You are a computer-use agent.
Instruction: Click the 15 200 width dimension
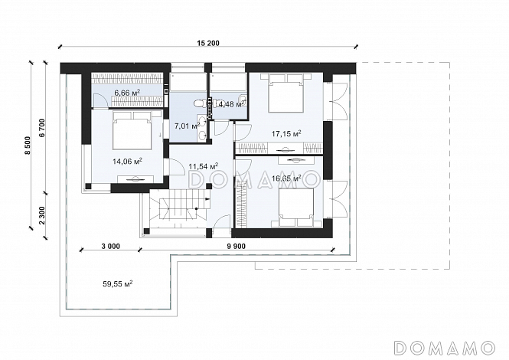click(x=208, y=43)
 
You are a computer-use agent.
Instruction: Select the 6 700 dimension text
click(x=42, y=128)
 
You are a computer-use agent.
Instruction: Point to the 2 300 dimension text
click(x=42, y=215)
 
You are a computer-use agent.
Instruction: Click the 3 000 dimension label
click(x=111, y=247)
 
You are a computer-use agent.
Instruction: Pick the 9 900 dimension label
click(x=237, y=247)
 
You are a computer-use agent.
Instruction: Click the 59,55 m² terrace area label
click(x=118, y=283)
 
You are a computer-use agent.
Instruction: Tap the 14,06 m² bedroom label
click(x=128, y=161)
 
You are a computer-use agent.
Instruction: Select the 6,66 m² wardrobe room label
click(x=127, y=93)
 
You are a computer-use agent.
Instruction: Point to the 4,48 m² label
click(x=232, y=104)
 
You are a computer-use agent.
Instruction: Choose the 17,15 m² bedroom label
click(x=286, y=133)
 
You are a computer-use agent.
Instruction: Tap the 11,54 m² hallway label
click(x=203, y=167)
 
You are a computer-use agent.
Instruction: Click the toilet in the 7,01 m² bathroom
click(x=199, y=103)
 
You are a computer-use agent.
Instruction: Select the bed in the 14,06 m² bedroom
click(x=132, y=130)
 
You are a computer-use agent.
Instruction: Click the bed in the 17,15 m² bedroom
click(x=286, y=93)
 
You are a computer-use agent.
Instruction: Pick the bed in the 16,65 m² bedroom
click(x=296, y=207)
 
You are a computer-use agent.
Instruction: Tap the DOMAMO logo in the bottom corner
click(x=445, y=347)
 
